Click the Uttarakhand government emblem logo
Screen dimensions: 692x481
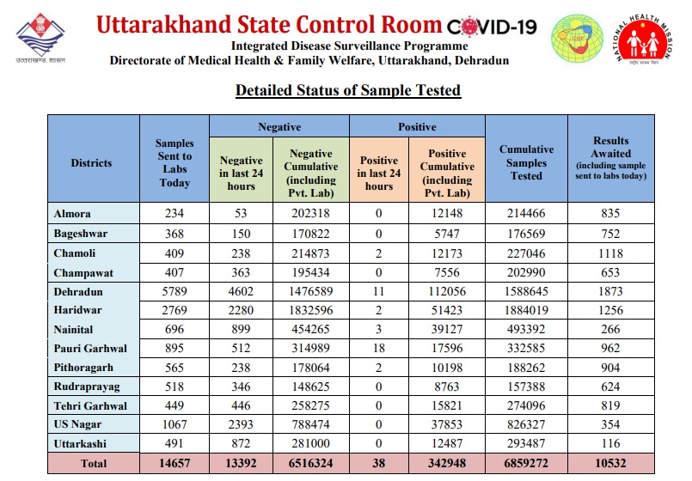tap(40, 38)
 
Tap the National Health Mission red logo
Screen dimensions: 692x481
tap(644, 39)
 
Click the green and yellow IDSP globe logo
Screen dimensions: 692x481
tap(578, 39)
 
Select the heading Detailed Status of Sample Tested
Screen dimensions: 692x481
tap(348, 90)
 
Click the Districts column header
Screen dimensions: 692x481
tap(91, 162)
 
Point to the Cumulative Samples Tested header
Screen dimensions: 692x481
tap(526, 162)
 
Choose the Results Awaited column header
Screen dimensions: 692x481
tap(611, 158)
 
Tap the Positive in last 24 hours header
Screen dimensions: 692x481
tap(378, 173)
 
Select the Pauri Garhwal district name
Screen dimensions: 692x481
tap(90, 348)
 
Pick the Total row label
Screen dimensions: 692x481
tap(94, 463)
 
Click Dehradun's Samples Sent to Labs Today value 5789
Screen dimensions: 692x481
tap(175, 291)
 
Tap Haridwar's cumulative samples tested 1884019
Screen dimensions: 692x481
tap(526, 310)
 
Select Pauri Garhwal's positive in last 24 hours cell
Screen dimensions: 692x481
tap(378, 348)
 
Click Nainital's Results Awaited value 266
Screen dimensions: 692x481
tap(610, 329)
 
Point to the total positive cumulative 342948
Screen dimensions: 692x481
tap(447, 463)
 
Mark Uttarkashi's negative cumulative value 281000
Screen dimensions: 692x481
tap(310, 443)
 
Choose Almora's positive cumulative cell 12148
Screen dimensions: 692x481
tap(447, 213)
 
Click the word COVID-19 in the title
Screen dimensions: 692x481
tap(492, 27)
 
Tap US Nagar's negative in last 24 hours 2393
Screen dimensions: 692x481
tap(241, 424)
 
